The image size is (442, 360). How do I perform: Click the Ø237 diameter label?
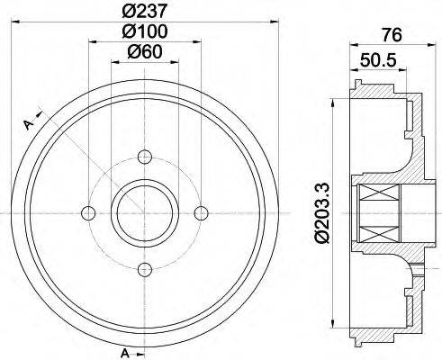click(x=145, y=12)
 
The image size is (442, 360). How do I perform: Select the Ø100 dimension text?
click(x=145, y=31)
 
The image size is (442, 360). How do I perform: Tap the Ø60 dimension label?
click(x=145, y=51)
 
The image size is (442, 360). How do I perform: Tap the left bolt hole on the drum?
click(x=87, y=212)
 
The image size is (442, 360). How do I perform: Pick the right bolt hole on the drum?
click(x=201, y=212)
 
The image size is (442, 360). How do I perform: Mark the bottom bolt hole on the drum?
click(x=144, y=268)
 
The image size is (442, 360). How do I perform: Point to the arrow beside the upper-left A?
click(x=38, y=117)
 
